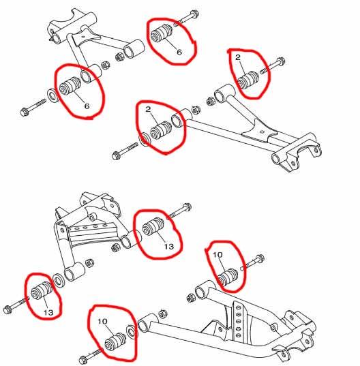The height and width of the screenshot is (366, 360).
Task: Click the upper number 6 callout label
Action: click(x=179, y=52)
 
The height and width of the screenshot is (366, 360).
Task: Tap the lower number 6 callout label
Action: click(x=87, y=106)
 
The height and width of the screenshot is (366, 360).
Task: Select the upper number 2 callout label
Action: click(x=238, y=57)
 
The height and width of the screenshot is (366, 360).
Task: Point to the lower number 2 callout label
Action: click(x=148, y=109)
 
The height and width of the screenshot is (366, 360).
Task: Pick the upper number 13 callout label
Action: click(x=169, y=247)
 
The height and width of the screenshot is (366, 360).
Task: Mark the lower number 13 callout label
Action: click(x=48, y=312)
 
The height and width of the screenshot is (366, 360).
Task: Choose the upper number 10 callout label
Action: click(x=217, y=255)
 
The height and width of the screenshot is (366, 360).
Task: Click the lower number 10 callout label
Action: click(x=102, y=322)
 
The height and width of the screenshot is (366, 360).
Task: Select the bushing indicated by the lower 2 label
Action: click(x=161, y=130)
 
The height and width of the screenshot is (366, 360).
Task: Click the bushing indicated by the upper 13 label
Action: click(x=152, y=226)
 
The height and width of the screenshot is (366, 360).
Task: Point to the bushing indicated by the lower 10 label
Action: click(x=115, y=341)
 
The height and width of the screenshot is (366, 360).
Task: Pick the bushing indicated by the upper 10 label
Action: click(x=228, y=277)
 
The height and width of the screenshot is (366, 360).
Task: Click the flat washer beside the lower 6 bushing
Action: click(x=53, y=95)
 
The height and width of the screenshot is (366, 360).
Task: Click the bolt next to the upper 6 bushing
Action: click(x=186, y=18)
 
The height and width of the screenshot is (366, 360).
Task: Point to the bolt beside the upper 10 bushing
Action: click(x=252, y=262)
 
